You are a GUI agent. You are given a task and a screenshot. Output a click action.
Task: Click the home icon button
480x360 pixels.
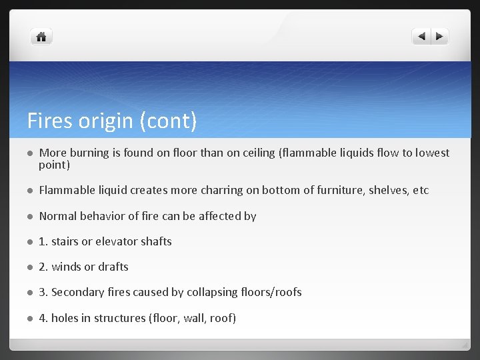pos(41,37)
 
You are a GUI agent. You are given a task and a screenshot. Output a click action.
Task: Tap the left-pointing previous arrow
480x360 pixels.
pos(421,37)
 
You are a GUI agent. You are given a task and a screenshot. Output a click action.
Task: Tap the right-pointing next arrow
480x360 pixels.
pos(440,37)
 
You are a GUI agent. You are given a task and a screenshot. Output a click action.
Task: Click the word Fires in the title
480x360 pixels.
pos(49,121)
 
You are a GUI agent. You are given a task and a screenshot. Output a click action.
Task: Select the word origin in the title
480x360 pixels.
pos(105,121)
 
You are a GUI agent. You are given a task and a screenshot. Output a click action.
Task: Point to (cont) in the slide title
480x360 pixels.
pos(168,121)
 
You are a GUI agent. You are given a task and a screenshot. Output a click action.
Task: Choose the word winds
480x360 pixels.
pos(66,267)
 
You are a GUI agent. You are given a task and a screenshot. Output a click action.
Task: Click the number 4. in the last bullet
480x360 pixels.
pos(43,318)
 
